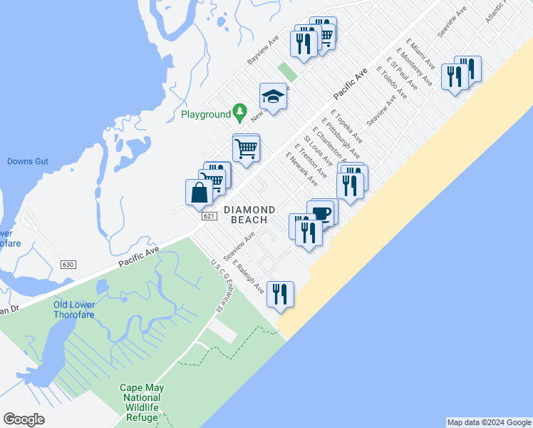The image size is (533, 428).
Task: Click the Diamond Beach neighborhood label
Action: tap(249, 214)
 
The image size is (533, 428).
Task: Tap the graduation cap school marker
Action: tap(273, 96)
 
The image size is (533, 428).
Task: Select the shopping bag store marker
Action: tap(199, 193)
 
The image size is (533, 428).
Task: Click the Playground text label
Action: tap(205, 114)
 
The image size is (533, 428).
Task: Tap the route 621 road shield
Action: tap(208, 216)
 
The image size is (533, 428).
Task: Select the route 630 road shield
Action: tap(68, 264)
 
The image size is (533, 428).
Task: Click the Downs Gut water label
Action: tap(28, 161)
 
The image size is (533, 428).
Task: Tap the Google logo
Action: tap(24, 419)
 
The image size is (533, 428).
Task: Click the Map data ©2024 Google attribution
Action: tap(488, 422)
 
